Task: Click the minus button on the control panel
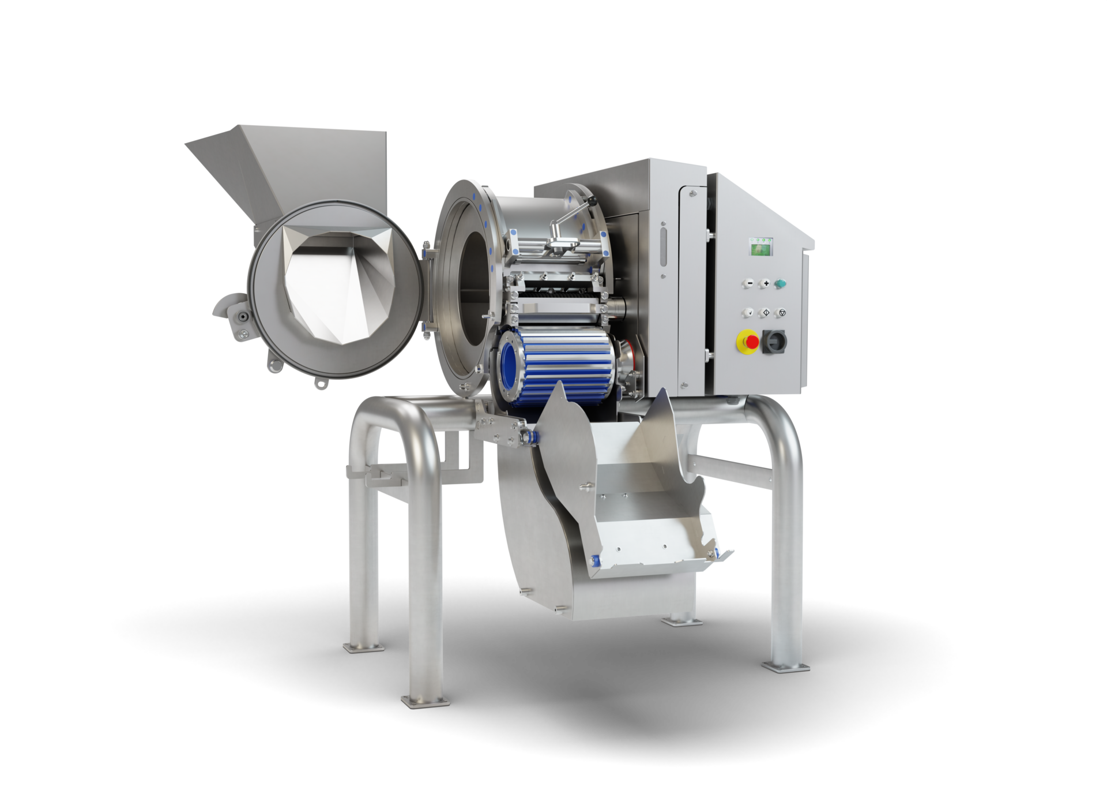click(x=749, y=283)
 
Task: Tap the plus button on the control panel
click(x=766, y=283)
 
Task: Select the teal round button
click(x=781, y=283)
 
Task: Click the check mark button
click(x=749, y=312)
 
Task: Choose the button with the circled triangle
click(x=782, y=312)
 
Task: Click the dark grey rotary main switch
click(x=774, y=342)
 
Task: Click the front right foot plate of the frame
click(x=785, y=666)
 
